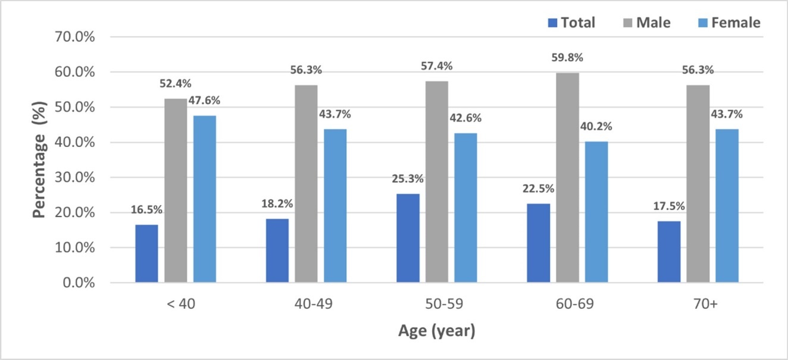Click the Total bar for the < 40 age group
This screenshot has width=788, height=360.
tap(146, 253)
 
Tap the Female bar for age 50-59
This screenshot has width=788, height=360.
tap(465, 208)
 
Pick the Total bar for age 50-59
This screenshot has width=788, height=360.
tap(408, 238)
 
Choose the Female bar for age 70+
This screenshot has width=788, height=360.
tap(727, 205)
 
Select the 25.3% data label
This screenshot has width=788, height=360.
tap(408, 179)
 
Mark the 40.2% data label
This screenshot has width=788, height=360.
tap(596, 127)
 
